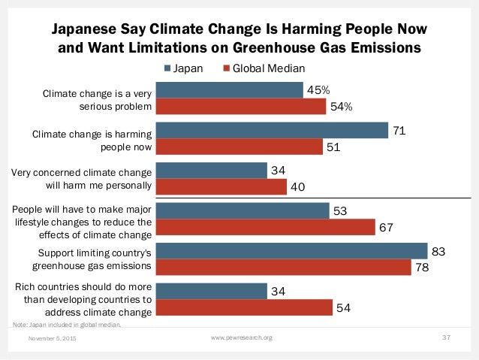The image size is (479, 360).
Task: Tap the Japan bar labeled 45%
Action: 230,90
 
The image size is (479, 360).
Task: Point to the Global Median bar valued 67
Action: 266,227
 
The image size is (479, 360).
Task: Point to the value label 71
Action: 399,131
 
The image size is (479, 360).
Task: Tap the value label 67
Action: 387,227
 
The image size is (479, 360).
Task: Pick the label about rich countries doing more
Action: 84,299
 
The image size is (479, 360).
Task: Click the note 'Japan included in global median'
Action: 67,325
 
